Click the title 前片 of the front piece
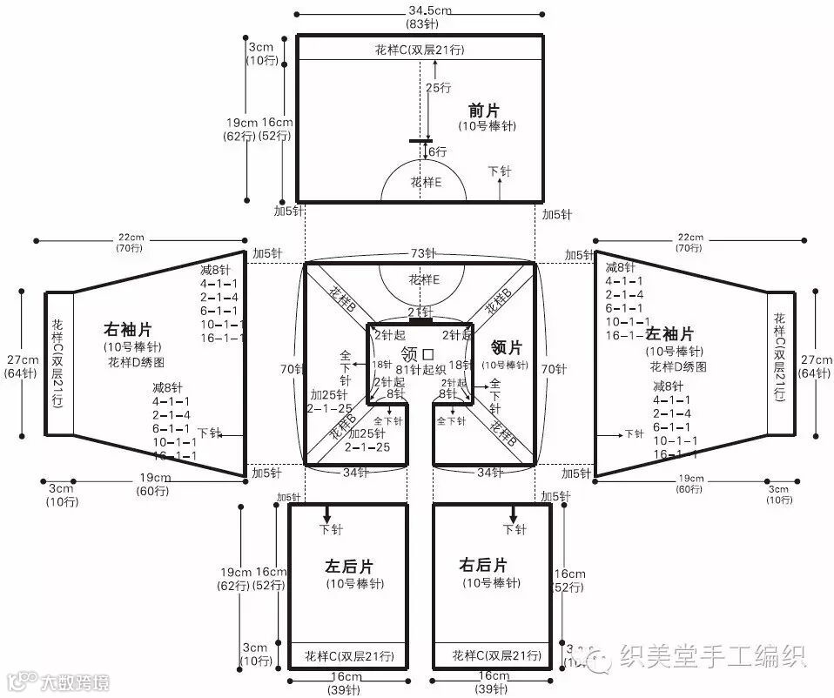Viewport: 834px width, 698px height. click(x=484, y=111)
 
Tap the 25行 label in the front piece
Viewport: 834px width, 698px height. click(x=438, y=88)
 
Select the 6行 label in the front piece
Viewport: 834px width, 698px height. click(x=436, y=151)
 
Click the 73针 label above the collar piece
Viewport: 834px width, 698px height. click(x=423, y=253)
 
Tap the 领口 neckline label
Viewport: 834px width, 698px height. click(x=418, y=352)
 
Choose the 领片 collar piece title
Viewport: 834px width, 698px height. click(x=506, y=347)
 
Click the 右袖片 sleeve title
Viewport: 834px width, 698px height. click(x=128, y=330)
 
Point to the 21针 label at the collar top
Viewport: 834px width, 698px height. click(x=420, y=312)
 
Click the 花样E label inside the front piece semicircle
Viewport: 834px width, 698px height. click(x=426, y=183)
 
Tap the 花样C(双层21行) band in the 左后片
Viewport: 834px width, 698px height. click(x=349, y=654)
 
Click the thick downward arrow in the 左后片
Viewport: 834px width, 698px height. click(x=327, y=513)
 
